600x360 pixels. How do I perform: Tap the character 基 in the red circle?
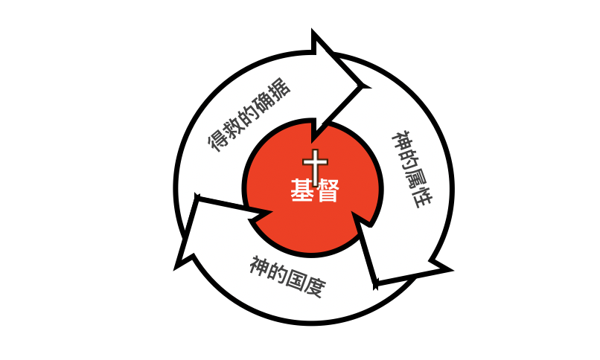pos(303,190)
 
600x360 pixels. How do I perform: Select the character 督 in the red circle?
pos(327,190)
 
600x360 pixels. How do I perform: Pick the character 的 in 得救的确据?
pos(249,112)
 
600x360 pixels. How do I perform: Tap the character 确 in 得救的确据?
pos(264,100)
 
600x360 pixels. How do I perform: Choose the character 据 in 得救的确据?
pos(280,88)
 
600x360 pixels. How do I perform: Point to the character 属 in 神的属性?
pos(416,179)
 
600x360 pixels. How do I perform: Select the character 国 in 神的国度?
pos(296,280)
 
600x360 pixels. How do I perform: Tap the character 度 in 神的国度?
pos(315,286)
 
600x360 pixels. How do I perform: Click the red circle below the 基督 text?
pos(313,229)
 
